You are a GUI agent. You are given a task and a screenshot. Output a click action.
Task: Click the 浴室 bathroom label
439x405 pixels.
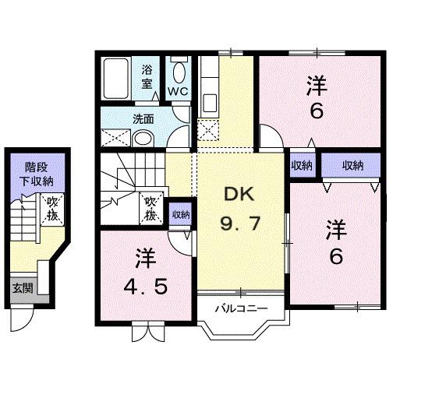pos(147,76)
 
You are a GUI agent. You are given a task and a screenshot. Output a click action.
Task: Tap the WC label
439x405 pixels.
pos(179,91)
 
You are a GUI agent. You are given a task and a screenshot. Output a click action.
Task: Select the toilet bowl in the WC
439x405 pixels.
pos(179,73)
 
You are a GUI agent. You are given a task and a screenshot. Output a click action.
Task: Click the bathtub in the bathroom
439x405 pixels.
pos(119,78)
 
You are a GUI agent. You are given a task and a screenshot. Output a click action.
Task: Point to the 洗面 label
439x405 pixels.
pos(142,119)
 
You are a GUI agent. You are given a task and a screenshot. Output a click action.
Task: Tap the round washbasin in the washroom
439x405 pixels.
pos(143,139)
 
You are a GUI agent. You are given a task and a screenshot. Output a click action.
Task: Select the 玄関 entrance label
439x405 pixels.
pos(22,287)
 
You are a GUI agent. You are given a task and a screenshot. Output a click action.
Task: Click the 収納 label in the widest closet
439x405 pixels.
pos(352,165)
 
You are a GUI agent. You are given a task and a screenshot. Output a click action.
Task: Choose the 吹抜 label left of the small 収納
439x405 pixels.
pos(153,208)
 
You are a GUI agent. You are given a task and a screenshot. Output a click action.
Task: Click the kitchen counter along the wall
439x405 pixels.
pos(208,86)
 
